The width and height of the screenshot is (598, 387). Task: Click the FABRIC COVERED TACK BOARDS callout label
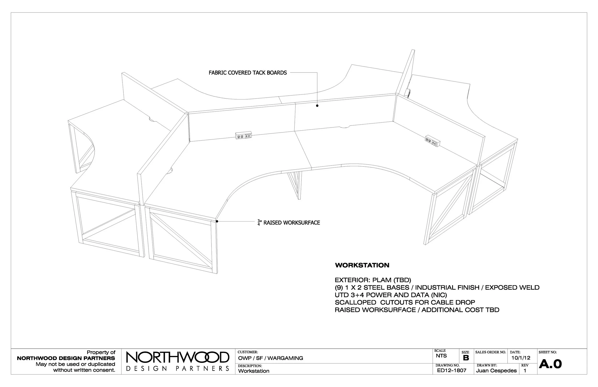pos(248,73)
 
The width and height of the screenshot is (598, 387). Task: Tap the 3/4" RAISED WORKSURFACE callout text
pos(289,223)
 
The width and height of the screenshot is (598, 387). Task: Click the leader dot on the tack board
pos(317,106)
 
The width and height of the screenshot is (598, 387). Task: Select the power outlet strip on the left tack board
pos(243,136)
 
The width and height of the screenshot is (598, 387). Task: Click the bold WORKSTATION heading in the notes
pos(362,265)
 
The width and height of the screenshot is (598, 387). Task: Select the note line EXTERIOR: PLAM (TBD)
pos(373,280)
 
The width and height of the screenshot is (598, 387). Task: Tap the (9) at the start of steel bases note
pos(339,287)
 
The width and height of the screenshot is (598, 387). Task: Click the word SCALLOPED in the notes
pos(355,302)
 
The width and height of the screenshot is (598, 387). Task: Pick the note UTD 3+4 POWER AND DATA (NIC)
pos(391,295)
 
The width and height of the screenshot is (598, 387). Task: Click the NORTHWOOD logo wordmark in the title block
pos(177,358)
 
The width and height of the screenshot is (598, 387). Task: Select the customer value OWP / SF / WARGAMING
pos(271,358)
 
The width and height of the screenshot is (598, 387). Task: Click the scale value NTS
pos(441,356)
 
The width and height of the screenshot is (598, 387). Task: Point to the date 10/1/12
pos(520,358)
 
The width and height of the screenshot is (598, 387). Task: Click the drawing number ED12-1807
pos(452,370)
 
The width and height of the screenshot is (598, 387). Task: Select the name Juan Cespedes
pos(496,371)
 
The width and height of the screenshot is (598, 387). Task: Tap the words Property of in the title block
pos(101,352)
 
